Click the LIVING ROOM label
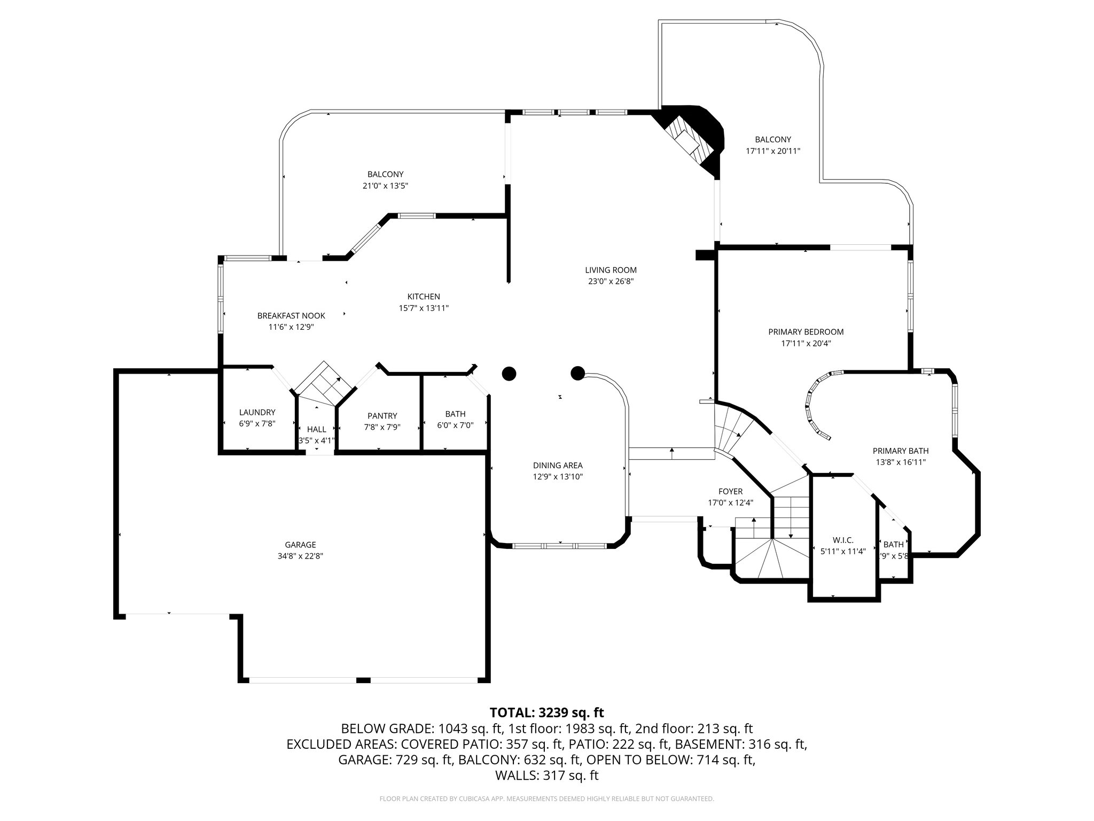(611, 270)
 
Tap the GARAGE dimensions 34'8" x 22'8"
(300, 556)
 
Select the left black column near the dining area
(509, 373)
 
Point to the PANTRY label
(382, 416)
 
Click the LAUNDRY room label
(257, 412)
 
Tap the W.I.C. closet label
(842, 540)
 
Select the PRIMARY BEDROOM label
(806, 332)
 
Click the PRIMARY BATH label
(901, 451)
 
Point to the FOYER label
(730, 491)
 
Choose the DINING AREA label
(558, 465)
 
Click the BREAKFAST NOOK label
(291, 316)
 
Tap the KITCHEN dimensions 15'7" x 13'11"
(424, 308)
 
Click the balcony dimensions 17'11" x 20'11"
(773, 151)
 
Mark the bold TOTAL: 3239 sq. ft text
(546, 712)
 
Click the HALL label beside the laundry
(316, 429)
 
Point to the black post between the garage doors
(363, 680)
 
